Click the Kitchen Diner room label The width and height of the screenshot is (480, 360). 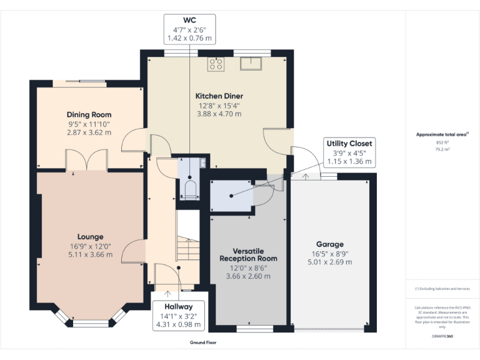(219, 96)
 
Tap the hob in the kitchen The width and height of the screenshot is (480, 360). (217, 63)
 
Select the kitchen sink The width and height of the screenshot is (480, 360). (252, 62)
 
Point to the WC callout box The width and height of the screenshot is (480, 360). (189, 29)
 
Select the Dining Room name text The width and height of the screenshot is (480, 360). (89, 114)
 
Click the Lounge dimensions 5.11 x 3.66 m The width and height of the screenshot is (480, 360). (91, 254)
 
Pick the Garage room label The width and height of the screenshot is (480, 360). (329, 244)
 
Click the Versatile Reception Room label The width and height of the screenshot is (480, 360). (248, 254)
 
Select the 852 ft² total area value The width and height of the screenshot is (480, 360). (442, 142)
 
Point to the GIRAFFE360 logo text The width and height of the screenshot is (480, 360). (442, 336)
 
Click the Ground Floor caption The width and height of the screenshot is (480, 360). (203, 342)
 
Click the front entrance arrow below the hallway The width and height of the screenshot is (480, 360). (167, 292)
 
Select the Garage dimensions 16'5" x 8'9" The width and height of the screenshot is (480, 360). (329, 253)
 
